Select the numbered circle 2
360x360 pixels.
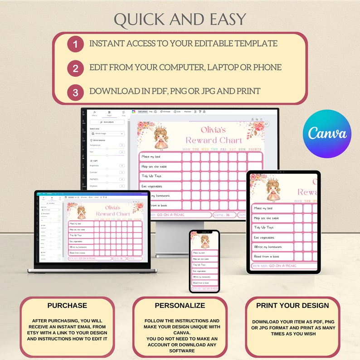(x=75, y=68)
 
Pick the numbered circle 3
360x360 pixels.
(x=75, y=92)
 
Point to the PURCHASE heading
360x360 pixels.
(x=67, y=306)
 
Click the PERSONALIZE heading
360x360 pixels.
(x=180, y=306)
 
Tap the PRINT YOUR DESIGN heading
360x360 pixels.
(x=292, y=306)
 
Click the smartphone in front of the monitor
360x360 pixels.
(x=204, y=261)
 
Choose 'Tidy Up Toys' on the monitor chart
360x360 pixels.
(x=151, y=176)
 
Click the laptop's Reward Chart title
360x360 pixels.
(x=113, y=214)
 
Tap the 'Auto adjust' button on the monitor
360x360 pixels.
(x=107, y=122)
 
